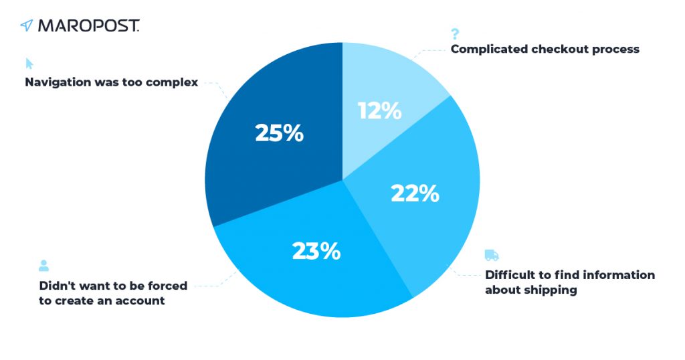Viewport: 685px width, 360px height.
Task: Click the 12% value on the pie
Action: tap(379, 110)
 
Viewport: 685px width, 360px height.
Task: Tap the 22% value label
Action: tap(415, 193)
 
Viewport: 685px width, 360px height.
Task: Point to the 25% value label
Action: tap(280, 133)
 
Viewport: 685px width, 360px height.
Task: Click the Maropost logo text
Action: tap(89, 26)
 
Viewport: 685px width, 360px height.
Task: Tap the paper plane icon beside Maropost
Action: tap(27, 26)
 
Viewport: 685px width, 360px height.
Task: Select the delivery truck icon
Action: tap(492, 256)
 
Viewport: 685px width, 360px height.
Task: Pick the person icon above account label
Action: tap(43, 266)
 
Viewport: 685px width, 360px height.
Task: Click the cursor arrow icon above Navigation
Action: tap(29, 64)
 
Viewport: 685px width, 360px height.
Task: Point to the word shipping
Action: tap(553, 290)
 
